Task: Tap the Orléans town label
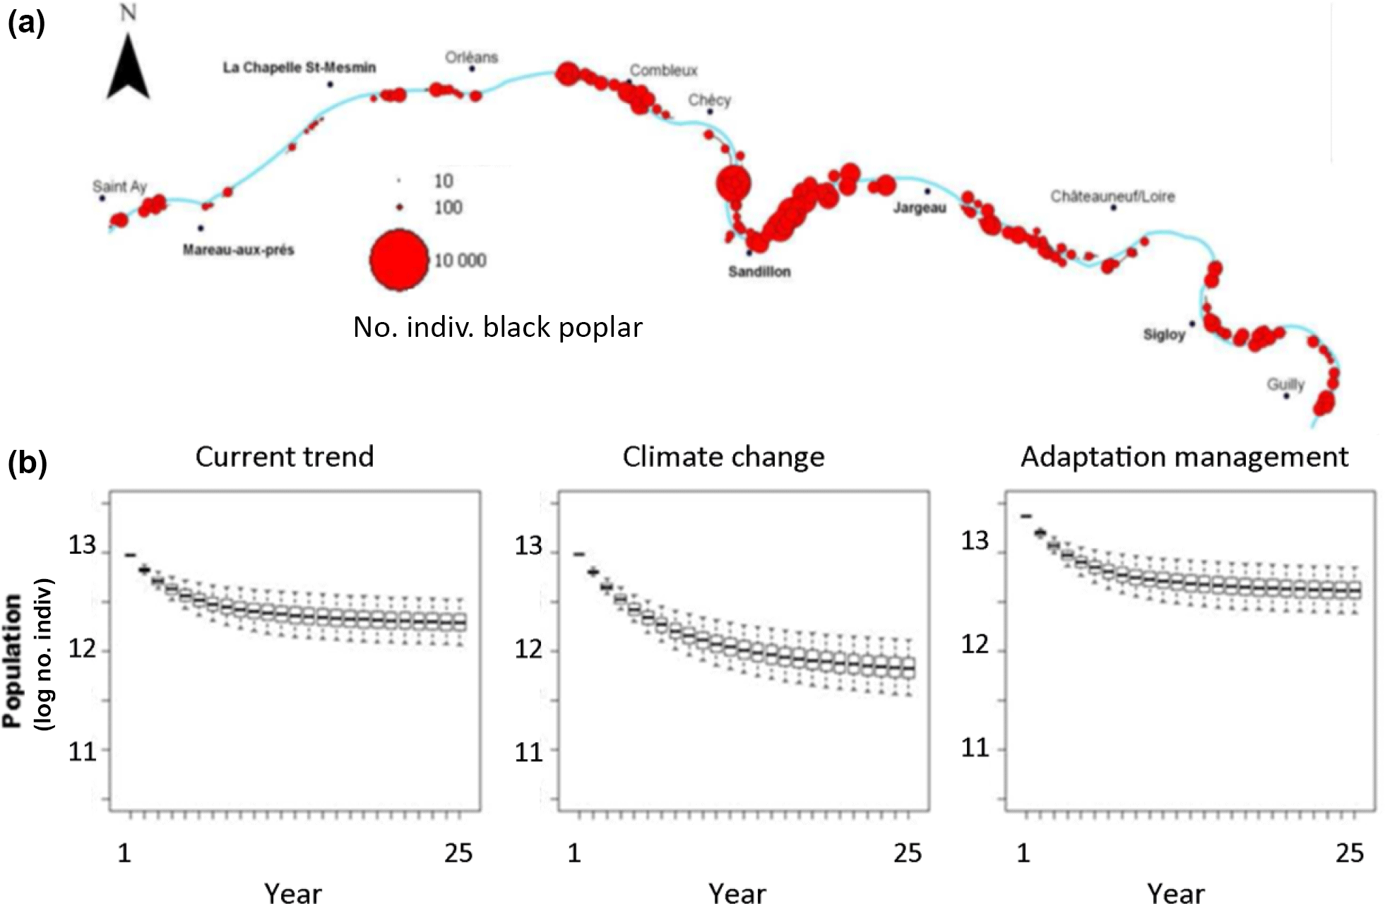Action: click(x=471, y=57)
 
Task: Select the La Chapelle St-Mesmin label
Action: click(x=299, y=68)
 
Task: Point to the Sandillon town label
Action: click(x=759, y=272)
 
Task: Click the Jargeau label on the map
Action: click(x=919, y=208)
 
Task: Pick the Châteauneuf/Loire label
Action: click(x=1112, y=196)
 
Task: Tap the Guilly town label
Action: click(x=1285, y=384)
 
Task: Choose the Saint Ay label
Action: click(x=119, y=186)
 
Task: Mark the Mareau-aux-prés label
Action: click(x=238, y=250)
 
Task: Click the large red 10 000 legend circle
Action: click(x=399, y=260)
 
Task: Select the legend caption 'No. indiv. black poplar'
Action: click(x=497, y=327)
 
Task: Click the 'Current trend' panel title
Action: click(x=285, y=457)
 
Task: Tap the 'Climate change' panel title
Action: click(x=723, y=457)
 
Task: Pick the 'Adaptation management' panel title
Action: click(x=1184, y=457)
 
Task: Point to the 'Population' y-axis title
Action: click(x=13, y=660)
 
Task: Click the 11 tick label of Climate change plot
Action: click(x=528, y=752)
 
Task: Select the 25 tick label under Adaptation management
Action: click(x=1349, y=853)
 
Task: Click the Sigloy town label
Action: click(x=1163, y=335)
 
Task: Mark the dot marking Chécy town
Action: click(x=710, y=112)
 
